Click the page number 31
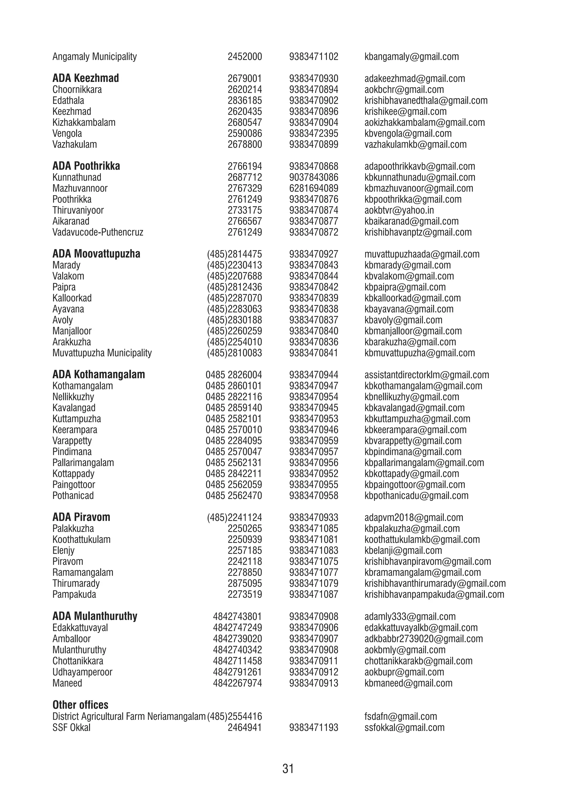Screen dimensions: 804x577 pyautogui.click(x=288, y=769)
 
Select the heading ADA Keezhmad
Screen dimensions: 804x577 pyautogui.click(x=85, y=78)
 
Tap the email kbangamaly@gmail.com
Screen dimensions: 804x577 pyautogui.click(x=411, y=57)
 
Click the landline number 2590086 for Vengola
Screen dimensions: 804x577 pyautogui.click(x=245, y=134)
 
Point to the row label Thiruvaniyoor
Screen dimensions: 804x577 pyautogui.click(x=78, y=210)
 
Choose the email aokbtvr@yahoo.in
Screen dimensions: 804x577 pyautogui.click(x=399, y=210)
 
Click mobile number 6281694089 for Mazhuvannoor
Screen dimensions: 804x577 pyautogui.click(x=314, y=188)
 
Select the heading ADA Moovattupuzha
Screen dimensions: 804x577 pyautogui.click(x=96, y=254)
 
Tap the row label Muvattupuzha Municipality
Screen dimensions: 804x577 pyautogui.click(x=102, y=353)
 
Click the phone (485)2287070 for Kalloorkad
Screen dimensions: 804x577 pyautogui.click(x=234, y=298)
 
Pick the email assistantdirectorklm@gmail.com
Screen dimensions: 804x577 pyautogui.click(x=426, y=375)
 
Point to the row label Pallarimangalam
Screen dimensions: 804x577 pyautogui.click(x=83, y=463)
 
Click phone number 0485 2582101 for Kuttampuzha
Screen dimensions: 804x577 pyautogui.click(x=234, y=419)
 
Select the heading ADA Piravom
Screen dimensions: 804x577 pyautogui.click(x=81, y=517)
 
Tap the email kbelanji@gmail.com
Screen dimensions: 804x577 pyautogui.click(x=403, y=551)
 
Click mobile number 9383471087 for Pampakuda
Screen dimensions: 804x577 pyautogui.click(x=314, y=594)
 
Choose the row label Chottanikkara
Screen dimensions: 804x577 pyautogui.click(x=78, y=661)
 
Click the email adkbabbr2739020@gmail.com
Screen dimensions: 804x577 pyautogui.click(x=423, y=639)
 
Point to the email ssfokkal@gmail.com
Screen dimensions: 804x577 pyautogui.click(x=404, y=727)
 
